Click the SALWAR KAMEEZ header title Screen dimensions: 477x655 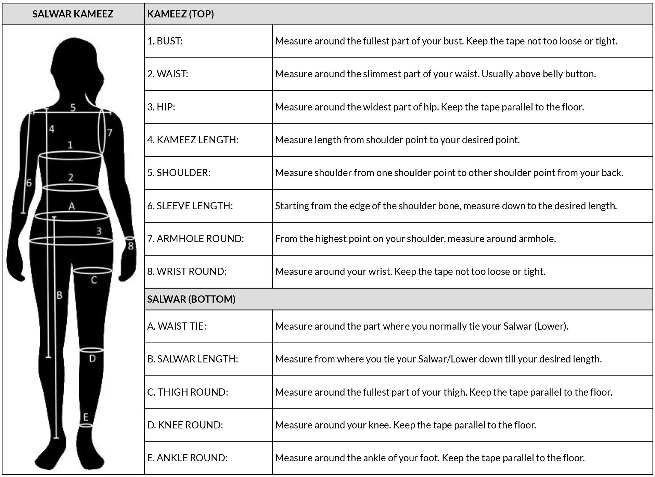73,14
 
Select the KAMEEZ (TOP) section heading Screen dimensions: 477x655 180,14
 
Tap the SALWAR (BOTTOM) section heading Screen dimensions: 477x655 191,299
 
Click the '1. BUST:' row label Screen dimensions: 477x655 165,41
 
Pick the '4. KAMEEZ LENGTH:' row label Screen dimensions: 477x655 193,140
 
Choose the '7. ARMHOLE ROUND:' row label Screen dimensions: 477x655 195,239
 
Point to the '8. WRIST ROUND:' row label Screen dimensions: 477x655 187,271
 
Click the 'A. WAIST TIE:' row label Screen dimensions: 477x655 177,326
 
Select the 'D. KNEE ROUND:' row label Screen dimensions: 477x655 185,425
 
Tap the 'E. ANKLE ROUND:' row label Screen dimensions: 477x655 187,458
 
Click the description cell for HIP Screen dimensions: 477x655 429,107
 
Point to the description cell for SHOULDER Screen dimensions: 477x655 449,173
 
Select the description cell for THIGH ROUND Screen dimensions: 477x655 444,392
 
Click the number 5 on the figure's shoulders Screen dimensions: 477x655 73,108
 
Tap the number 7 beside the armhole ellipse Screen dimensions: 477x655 110,133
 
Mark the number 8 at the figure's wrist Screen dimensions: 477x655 130,246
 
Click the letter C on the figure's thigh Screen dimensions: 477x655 94,280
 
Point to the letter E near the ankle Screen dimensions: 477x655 86,417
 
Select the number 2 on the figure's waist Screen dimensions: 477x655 70,177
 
